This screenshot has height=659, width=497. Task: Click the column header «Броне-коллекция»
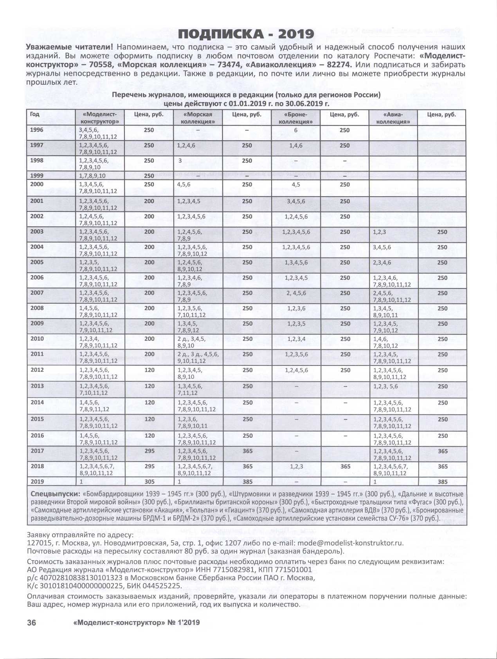296,118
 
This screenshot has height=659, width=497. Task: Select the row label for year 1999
37,175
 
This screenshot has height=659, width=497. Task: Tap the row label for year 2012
37,370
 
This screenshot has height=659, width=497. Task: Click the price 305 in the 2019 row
149,482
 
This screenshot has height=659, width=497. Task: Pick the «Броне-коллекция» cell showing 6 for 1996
296,130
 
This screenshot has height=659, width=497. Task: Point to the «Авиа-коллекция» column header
393,118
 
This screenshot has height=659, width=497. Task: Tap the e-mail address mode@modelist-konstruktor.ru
350,543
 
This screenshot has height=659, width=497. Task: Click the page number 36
31,623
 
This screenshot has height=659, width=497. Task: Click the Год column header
35,115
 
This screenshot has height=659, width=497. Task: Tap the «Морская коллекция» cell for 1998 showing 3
180,161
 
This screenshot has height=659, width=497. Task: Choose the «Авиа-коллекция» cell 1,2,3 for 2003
379,232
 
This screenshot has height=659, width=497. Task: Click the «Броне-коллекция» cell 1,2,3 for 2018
296,466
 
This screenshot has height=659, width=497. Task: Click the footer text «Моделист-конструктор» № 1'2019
136,623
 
